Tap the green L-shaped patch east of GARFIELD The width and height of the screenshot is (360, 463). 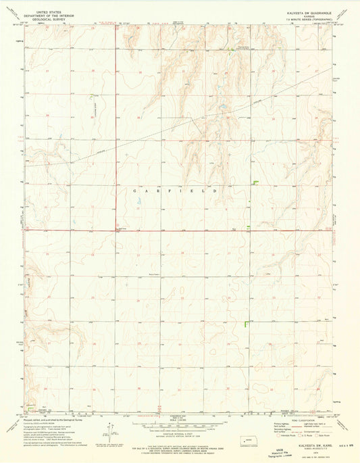point(256,182)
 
